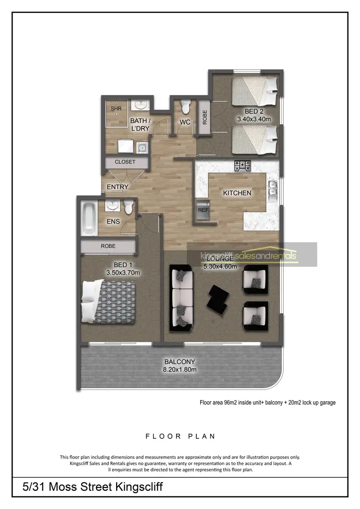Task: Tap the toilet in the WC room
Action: point(185,106)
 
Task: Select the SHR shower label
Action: point(116,109)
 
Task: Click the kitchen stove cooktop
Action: point(242,166)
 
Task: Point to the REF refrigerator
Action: point(202,210)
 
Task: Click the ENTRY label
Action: point(118,187)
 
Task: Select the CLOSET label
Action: point(125,162)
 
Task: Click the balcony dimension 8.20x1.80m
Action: point(180,369)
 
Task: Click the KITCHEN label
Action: point(237,193)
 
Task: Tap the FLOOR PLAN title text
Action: point(180,436)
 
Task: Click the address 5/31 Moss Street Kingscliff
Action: point(93,488)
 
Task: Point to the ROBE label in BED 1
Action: point(108,246)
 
